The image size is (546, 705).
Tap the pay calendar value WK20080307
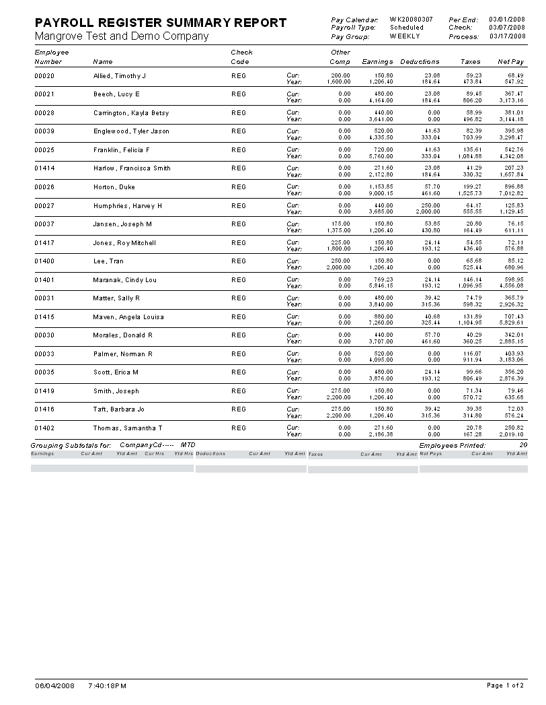tap(411, 20)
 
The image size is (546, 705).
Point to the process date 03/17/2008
tap(507, 36)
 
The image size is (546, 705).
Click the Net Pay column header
tap(510, 62)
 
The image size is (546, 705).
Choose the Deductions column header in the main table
tap(420, 62)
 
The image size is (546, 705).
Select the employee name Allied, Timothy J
tap(119, 76)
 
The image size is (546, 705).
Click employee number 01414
tap(44, 168)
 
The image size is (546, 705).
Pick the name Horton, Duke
tap(114, 187)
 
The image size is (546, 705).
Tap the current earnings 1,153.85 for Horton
tap(380, 187)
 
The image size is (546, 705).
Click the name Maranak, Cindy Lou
tap(124, 279)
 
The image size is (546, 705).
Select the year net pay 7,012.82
tap(511, 193)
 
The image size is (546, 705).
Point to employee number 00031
tap(44, 298)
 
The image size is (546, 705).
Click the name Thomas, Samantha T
tap(127, 428)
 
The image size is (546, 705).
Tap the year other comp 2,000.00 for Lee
tap(338, 267)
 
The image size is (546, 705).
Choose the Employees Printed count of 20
tap(523, 445)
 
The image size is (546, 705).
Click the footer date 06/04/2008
tap(54, 685)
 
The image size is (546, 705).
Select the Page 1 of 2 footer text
tap(505, 685)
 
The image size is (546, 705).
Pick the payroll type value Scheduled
tap(407, 28)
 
